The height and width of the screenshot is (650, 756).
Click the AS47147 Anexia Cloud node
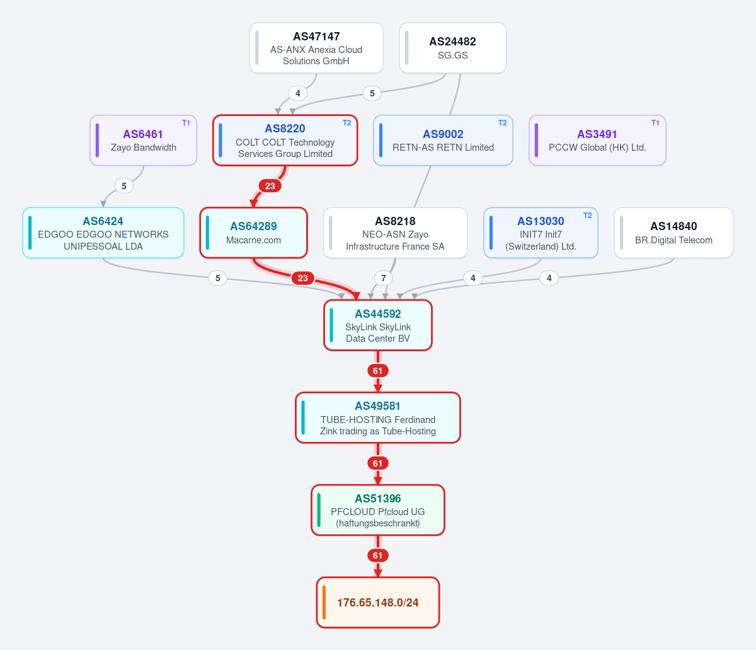tap(316, 48)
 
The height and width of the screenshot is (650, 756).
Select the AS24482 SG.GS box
tap(452, 48)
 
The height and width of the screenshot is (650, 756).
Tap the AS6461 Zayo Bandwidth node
tap(144, 140)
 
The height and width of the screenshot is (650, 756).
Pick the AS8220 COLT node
tap(285, 140)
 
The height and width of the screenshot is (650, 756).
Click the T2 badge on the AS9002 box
tap(503, 123)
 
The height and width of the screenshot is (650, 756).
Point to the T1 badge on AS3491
tap(655, 123)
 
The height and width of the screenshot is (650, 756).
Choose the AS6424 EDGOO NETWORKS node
tap(103, 233)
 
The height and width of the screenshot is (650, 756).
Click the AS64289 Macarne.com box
tap(253, 233)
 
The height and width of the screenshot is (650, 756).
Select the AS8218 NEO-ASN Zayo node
tap(395, 233)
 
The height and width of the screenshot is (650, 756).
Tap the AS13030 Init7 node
tap(541, 233)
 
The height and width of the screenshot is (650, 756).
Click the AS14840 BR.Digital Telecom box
tap(673, 233)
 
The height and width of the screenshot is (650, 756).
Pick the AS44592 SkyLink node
tap(378, 325)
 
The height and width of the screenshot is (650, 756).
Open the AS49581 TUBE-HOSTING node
tap(378, 417)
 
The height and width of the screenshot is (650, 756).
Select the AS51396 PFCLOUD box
tap(378, 510)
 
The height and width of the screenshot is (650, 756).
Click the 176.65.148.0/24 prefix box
tap(378, 603)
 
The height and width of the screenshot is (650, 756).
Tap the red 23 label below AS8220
tap(270, 186)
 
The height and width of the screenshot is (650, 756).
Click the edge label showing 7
tap(383, 278)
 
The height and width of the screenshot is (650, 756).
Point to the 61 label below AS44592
tap(378, 371)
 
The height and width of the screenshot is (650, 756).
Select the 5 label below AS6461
tap(124, 186)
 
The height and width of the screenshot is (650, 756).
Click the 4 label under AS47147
tap(298, 93)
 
